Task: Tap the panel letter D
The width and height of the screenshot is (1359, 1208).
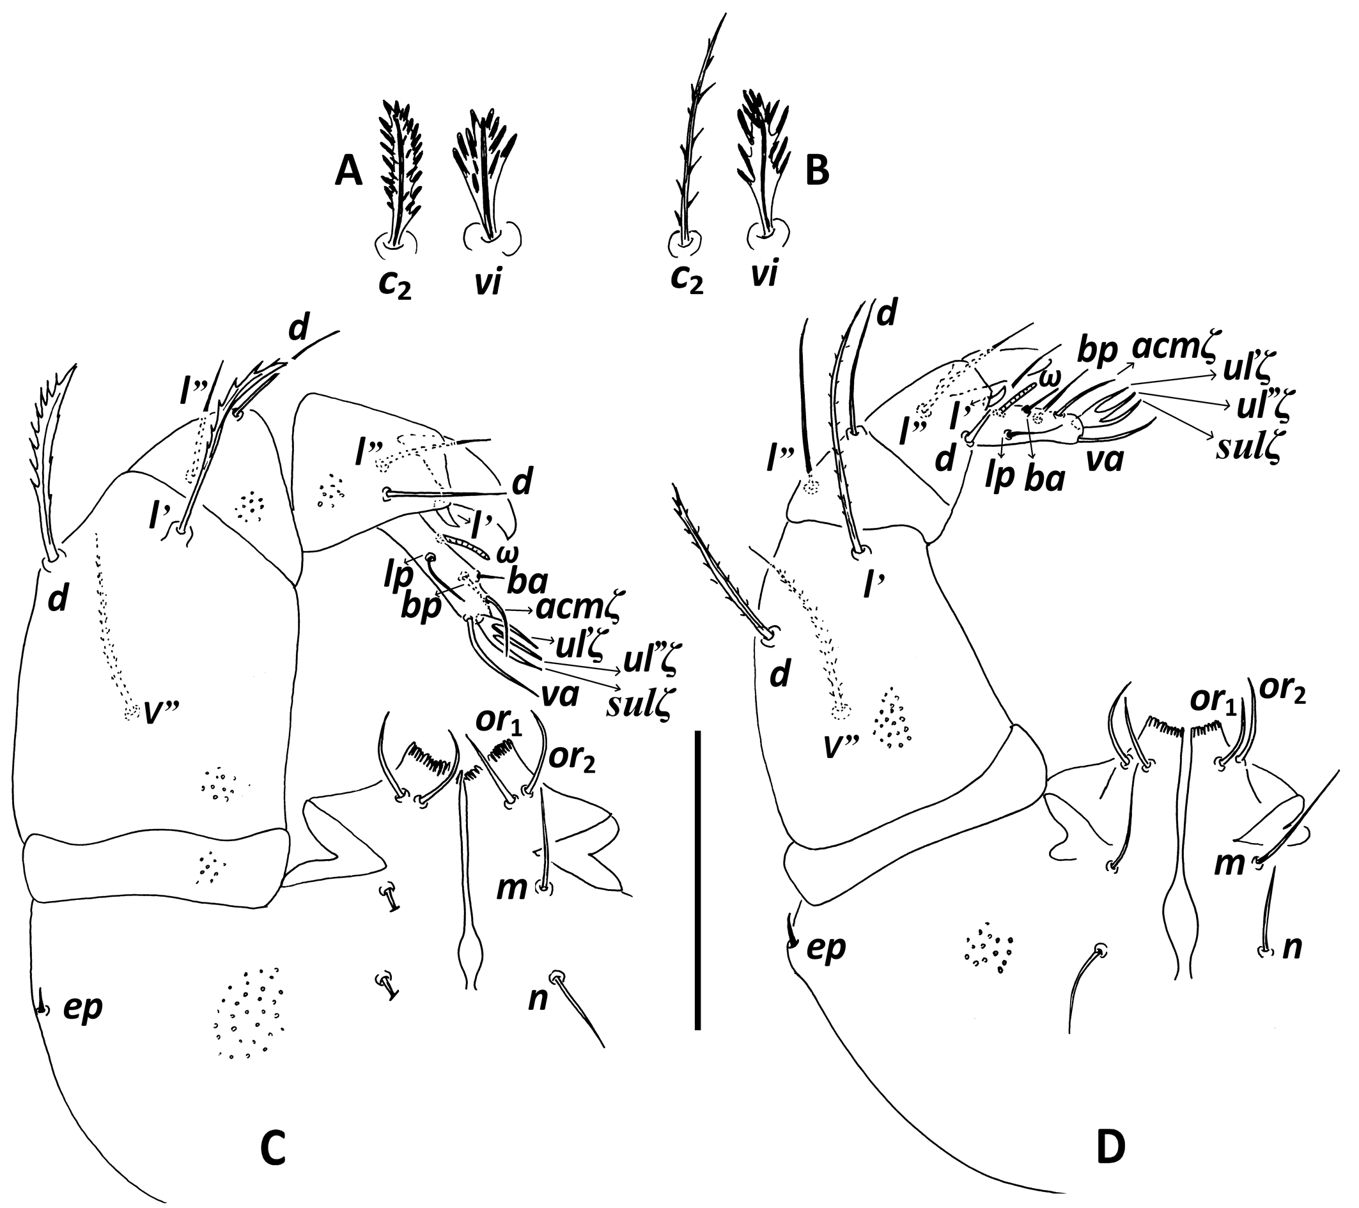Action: click(x=1111, y=1148)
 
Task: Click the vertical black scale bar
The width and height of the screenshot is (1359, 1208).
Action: click(x=697, y=880)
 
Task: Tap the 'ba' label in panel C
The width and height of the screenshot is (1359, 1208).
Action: click(x=527, y=582)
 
